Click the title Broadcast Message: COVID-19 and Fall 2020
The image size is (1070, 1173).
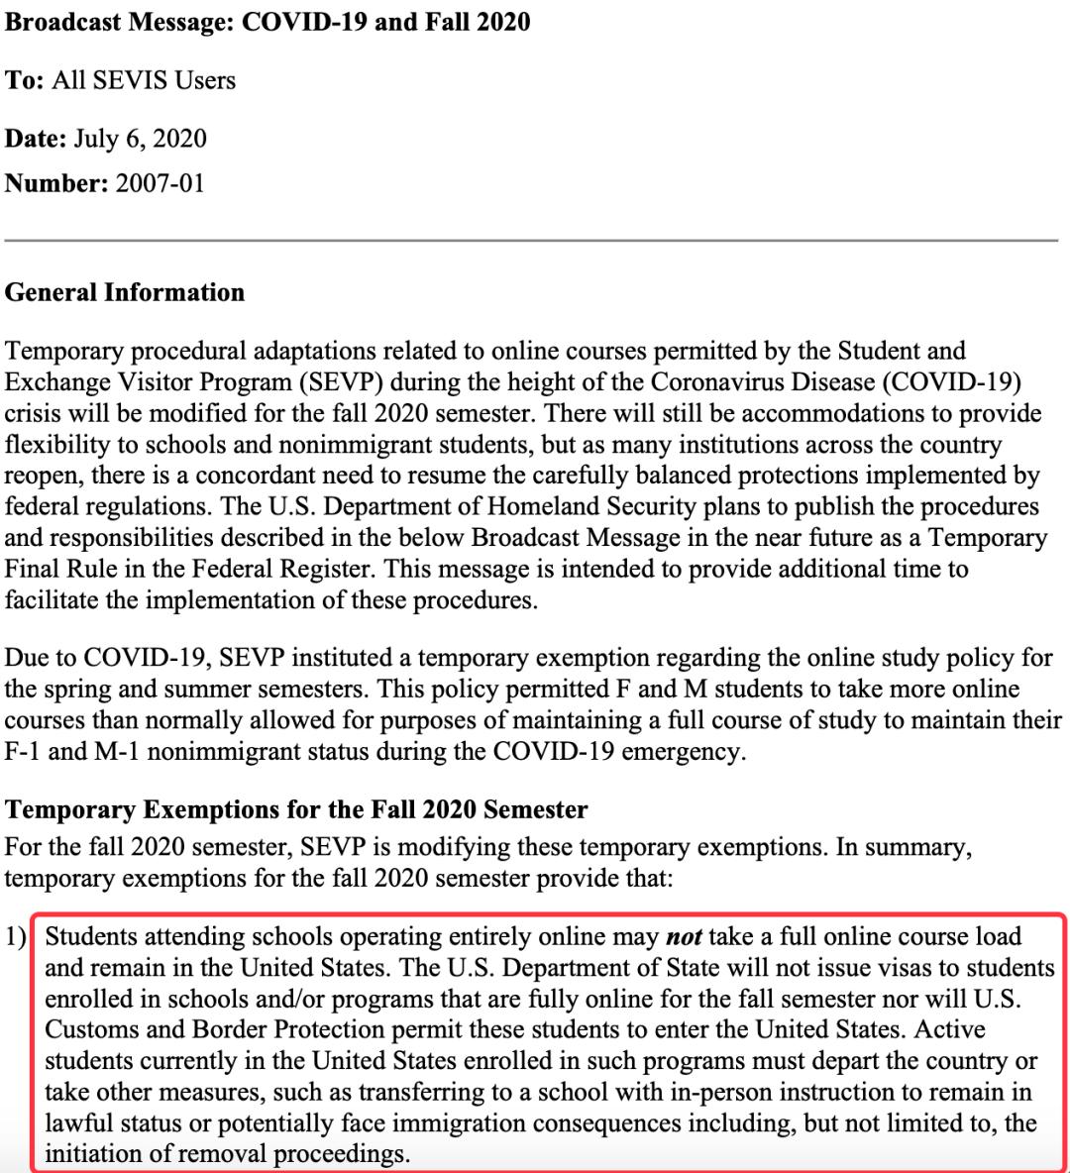point(267,22)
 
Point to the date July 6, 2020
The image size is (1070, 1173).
point(140,138)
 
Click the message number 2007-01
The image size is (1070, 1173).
point(160,183)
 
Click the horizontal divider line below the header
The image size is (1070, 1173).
point(531,240)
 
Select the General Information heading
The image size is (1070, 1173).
point(125,292)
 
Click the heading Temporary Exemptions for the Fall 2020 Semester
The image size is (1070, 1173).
point(296,809)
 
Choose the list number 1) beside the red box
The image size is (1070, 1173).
point(17,936)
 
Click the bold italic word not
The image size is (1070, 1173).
point(684,936)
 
